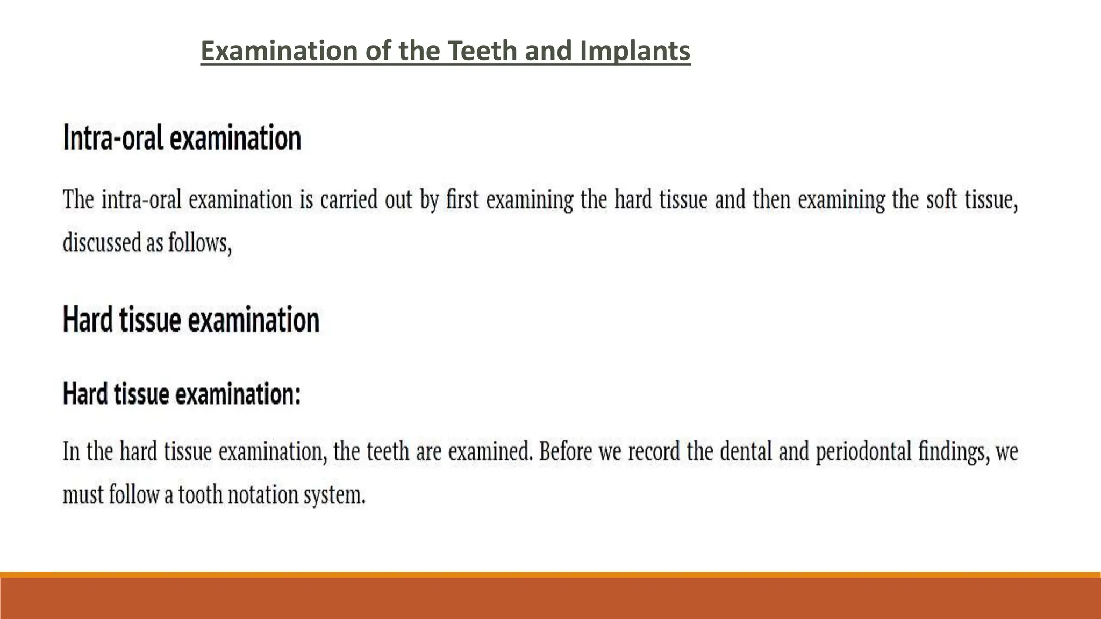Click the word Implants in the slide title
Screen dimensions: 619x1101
[635, 51]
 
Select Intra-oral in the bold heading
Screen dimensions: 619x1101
[113, 138]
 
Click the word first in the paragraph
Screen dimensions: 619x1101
[462, 200]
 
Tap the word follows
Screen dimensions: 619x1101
[199, 243]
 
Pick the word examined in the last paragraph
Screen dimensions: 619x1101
[489, 451]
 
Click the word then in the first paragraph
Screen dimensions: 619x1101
[771, 200]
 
